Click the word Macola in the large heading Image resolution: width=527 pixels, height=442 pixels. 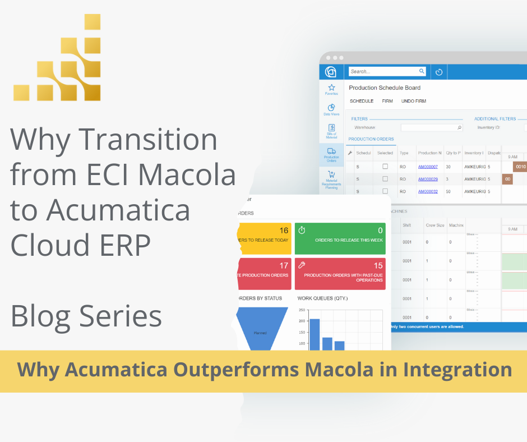(x=186, y=175)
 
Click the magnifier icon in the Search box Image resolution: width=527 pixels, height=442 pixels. (x=422, y=71)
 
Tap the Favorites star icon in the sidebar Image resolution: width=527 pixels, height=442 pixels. (x=331, y=88)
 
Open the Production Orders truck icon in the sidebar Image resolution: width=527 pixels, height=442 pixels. (x=331, y=151)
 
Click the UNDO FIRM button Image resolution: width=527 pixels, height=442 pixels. (x=413, y=101)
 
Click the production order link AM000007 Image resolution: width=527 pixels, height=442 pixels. (x=428, y=167)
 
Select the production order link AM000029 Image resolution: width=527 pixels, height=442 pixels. (x=428, y=179)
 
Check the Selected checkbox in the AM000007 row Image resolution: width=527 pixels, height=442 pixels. (x=385, y=167)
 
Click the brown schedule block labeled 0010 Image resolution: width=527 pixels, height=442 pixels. (x=521, y=167)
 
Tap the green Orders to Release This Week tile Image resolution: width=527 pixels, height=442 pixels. (x=340, y=238)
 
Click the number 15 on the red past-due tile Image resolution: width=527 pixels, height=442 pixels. (x=378, y=265)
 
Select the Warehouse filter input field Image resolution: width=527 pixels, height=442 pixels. (x=432, y=128)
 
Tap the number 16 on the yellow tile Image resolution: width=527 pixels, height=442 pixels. (x=284, y=231)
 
